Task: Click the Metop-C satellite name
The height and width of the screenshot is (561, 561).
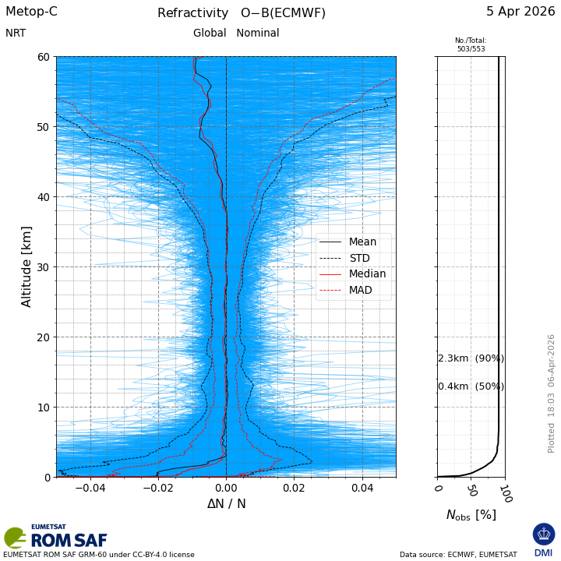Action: point(31,12)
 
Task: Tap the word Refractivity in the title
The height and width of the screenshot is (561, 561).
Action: point(193,13)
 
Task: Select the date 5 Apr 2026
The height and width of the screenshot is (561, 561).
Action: point(520,12)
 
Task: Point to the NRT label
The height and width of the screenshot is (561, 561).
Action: point(16,34)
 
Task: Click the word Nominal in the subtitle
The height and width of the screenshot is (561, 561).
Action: point(258,33)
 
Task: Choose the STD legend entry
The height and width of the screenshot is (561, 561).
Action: point(344,259)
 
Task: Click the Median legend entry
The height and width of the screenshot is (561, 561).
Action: point(353,274)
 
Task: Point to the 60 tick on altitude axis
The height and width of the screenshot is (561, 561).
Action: point(44,57)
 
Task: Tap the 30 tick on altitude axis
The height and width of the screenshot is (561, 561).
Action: point(44,267)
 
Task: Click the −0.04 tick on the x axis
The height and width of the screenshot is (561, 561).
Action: point(90,488)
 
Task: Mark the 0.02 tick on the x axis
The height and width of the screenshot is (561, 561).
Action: point(294,488)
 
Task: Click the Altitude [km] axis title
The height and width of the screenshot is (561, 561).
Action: point(26,267)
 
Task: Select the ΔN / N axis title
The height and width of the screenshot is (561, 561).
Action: point(227,504)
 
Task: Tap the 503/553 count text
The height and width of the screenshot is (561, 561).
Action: point(471,49)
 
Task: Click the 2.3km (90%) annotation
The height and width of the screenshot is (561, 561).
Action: point(471,358)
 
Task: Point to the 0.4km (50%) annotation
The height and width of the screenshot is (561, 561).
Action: point(471,386)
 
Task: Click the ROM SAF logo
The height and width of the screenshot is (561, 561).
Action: point(56,537)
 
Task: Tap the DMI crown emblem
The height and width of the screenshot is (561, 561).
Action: point(544,535)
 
